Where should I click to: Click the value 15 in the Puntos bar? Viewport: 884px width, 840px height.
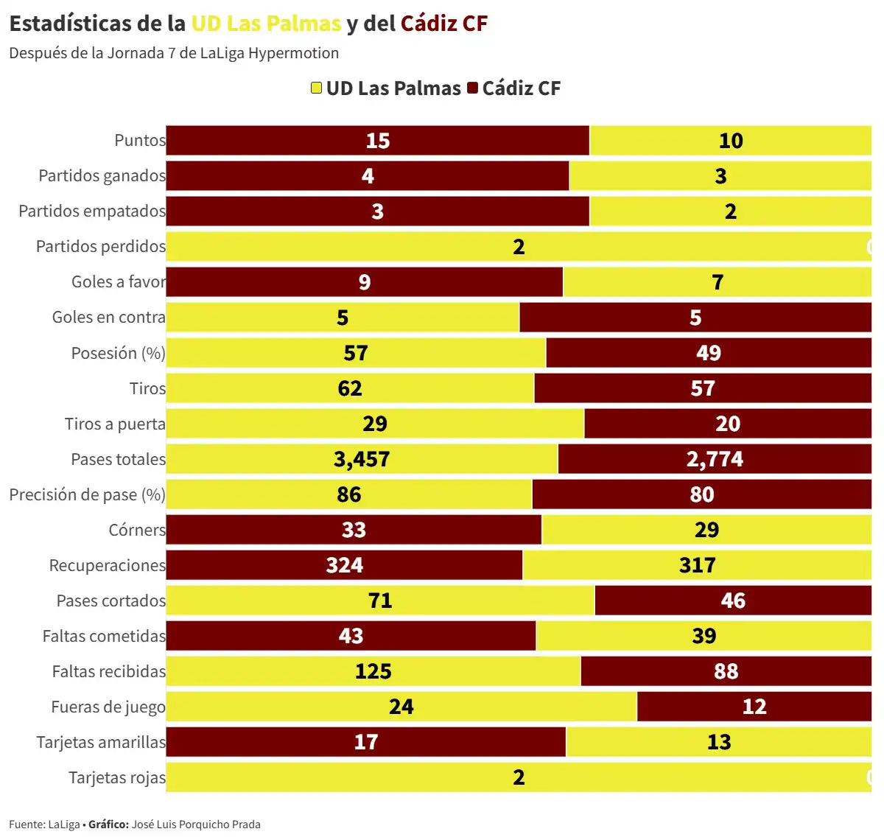coord(378,141)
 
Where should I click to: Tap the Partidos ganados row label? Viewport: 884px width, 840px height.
coord(102,176)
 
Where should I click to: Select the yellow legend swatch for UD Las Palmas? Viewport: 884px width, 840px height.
coord(316,88)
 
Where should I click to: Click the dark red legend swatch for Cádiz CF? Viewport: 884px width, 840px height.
coord(473,88)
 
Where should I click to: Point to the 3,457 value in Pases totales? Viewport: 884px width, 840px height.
coord(362,459)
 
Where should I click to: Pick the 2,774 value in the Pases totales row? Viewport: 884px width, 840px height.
coord(715,459)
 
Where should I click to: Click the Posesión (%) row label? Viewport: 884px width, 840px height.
coord(118,353)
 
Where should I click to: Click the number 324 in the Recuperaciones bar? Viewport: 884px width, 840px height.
coord(345,565)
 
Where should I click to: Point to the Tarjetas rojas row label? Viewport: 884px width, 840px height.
coord(116,777)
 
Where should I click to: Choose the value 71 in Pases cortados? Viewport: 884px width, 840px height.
coord(380,601)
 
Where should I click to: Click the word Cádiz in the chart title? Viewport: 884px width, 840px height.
coord(429,24)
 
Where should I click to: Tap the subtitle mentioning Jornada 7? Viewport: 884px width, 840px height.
coord(174,53)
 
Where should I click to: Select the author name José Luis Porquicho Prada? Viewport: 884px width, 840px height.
coord(196,825)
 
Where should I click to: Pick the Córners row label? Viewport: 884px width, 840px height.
coord(137,530)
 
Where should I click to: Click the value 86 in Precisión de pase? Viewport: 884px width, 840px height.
coord(349,494)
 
